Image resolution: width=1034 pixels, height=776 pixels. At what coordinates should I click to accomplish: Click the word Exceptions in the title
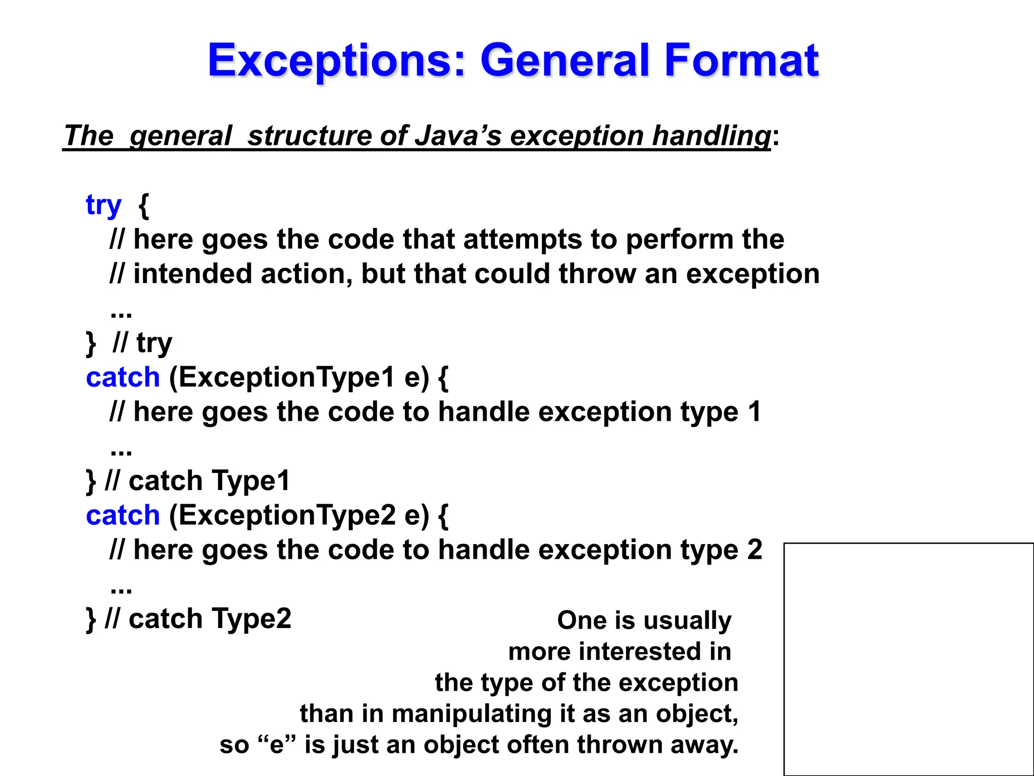pyautogui.click(x=336, y=61)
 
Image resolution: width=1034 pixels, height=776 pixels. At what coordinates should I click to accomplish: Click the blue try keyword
pyautogui.click(x=104, y=205)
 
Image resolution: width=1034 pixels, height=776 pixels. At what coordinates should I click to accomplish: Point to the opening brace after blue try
pyautogui.click(x=143, y=205)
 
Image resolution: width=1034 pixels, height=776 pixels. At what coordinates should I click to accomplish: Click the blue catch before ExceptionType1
pyautogui.click(x=123, y=377)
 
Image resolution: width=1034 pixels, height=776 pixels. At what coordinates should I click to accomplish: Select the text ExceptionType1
pyautogui.click(x=281, y=377)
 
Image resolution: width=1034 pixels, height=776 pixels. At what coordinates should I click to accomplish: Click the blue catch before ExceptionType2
pyautogui.click(x=123, y=515)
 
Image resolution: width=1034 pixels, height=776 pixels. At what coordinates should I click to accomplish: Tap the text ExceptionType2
pyautogui.click(x=282, y=515)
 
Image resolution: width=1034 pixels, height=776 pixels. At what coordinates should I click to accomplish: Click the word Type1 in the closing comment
pyautogui.click(x=250, y=480)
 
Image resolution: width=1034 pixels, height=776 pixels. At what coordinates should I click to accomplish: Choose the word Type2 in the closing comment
pyautogui.click(x=251, y=618)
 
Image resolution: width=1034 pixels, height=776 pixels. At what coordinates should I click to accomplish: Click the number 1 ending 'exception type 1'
pyautogui.click(x=754, y=412)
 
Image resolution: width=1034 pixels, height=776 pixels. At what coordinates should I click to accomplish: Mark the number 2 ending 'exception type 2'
pyautogui.click(x=754, y=550)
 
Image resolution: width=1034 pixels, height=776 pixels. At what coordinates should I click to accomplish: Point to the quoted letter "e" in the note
pyautogui.click(x=277, y=745)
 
